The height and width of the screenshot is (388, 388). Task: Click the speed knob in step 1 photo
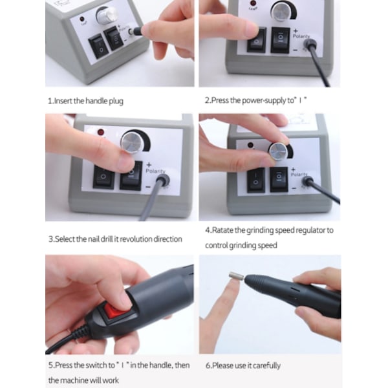(x=107, y=16)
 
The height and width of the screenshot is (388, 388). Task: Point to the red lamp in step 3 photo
(x=101, y=133)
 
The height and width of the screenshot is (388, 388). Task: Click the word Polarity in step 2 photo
(x=301, y=36)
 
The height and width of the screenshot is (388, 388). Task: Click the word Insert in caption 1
(x=63, y=101)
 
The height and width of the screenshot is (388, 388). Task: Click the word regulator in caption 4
(x=310, y=230)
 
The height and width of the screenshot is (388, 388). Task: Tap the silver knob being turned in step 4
(x=279, y=151)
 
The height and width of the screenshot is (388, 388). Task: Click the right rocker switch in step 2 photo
(x=281, y=39)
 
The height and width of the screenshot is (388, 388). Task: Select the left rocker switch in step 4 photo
(x=256, y=180)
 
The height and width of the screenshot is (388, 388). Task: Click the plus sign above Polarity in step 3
(x=149, y=164)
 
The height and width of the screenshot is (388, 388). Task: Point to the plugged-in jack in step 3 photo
(x=162, y=180)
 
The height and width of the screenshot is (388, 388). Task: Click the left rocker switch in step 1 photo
(x=99, y=47)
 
